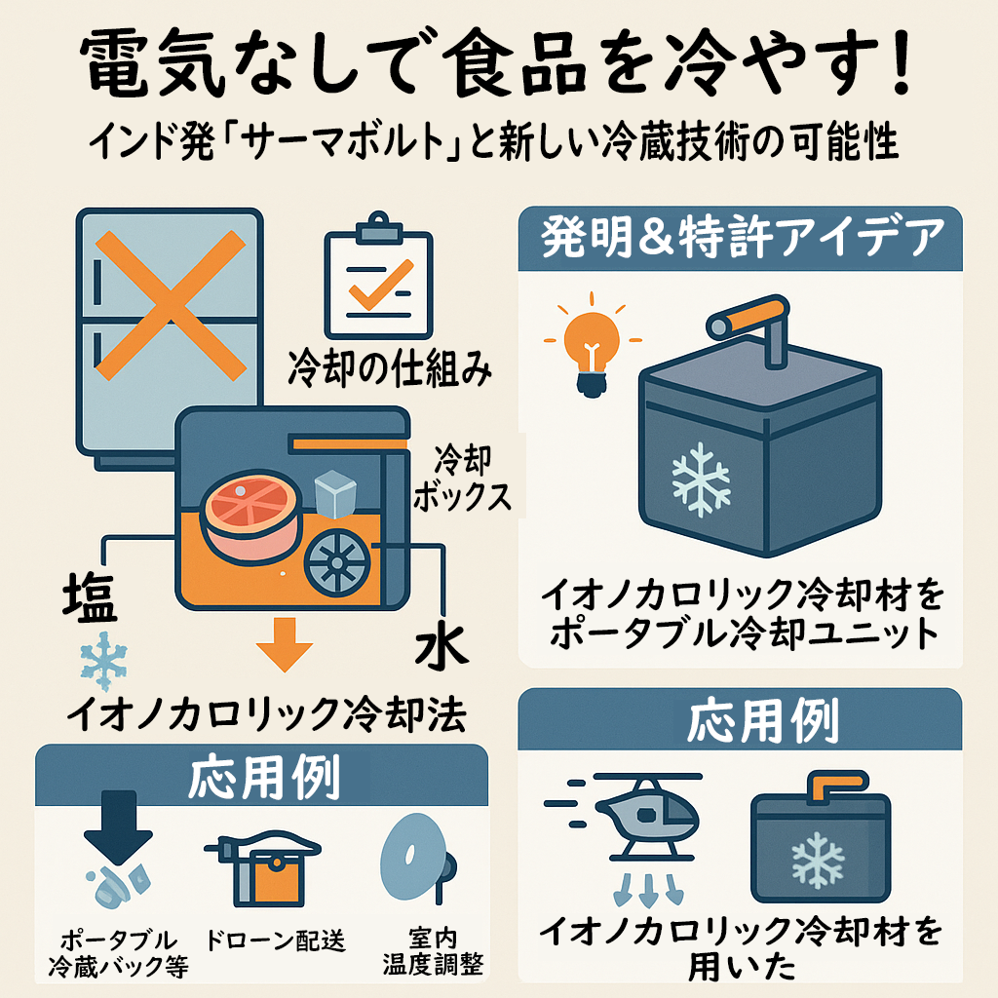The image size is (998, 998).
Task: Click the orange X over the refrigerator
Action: pos(170,305)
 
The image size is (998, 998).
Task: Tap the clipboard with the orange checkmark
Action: pos(379,276)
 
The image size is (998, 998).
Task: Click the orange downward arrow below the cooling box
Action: pos(285,644)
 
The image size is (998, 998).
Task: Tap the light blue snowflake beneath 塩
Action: pos(103,662)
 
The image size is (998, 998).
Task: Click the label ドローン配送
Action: pos(276,940)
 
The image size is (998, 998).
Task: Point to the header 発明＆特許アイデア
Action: pos(742,237)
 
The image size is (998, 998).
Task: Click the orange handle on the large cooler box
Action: pos(748,317)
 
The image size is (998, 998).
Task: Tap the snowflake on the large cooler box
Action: pos(701,480)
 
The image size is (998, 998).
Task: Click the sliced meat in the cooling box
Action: pos(251,515)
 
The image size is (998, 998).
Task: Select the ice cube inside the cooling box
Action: pos(335,493)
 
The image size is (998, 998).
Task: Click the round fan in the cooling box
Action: pos(337,562)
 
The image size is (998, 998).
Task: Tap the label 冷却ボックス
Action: pos(462,479)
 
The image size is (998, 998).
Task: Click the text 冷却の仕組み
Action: pos(390,367)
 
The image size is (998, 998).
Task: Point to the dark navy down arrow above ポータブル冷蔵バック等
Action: pos(118,826)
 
